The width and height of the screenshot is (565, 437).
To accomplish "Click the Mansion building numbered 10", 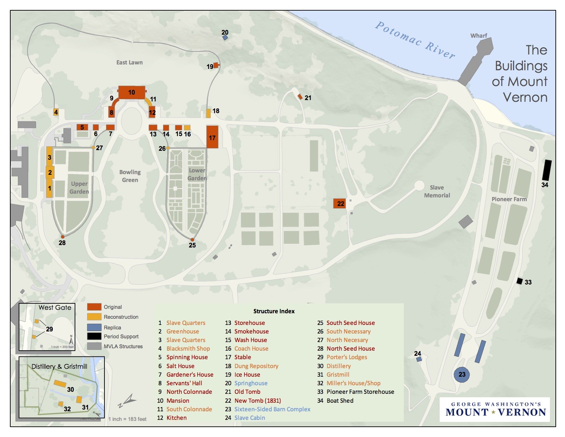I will point(131,93).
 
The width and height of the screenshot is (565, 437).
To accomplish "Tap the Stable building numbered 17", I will point(212,137).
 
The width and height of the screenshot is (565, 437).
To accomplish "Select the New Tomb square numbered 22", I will point(340,203).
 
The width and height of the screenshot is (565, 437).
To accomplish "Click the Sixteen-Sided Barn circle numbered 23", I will point(462,374).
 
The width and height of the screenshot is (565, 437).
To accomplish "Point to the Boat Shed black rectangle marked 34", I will point(547,170).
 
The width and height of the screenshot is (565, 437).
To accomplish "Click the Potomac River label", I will point(415,40).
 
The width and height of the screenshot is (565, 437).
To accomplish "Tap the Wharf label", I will point(478,36).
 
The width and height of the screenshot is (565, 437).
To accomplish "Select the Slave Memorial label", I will point(437,191).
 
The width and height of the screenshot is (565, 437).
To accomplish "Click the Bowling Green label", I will point(130,176).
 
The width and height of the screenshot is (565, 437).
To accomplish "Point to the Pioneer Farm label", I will point(509,199).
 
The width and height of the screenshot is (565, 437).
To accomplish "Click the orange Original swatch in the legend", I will point(94,307).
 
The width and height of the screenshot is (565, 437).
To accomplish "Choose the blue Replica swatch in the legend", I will point(94,327).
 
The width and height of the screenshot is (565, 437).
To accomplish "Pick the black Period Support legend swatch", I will point(94,336).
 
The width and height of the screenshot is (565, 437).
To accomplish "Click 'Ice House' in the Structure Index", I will point(247,375).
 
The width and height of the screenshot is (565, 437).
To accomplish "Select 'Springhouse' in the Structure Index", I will point(251,383).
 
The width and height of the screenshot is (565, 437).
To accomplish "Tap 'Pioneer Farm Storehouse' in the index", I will point(360,392).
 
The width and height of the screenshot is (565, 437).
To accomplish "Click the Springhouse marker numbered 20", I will point(225,38).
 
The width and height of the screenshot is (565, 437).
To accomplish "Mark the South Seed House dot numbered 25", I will point(192,240).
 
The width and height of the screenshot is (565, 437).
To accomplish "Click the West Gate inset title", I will point(55,307).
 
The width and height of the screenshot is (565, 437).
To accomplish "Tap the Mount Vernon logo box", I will point(495,409).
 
